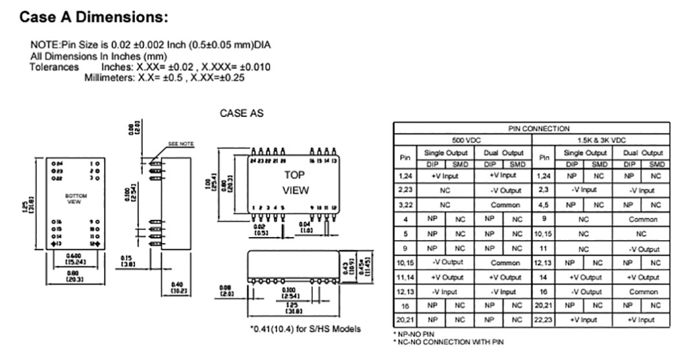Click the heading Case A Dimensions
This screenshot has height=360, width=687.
(x=94, y=17)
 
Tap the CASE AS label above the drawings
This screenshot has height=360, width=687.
(x=242, y=113)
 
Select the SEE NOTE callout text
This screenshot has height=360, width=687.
(x=180, y=143)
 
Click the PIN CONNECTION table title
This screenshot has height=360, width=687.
(x=539, y=129)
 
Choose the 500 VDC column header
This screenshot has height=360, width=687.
(x=466, y=140)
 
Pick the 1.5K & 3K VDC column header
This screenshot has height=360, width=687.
(x=611, y=140)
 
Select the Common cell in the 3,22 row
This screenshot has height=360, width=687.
(x=505, y=205)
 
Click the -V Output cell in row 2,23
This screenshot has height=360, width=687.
(x=505, y=190)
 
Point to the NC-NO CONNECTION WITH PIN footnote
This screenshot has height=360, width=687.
(x=448, y=341)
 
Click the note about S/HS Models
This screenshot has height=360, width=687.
(x=305, y=329)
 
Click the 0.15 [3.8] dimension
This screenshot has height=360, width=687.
(x=127, y=260)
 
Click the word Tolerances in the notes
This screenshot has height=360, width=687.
(x=54, y=67)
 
